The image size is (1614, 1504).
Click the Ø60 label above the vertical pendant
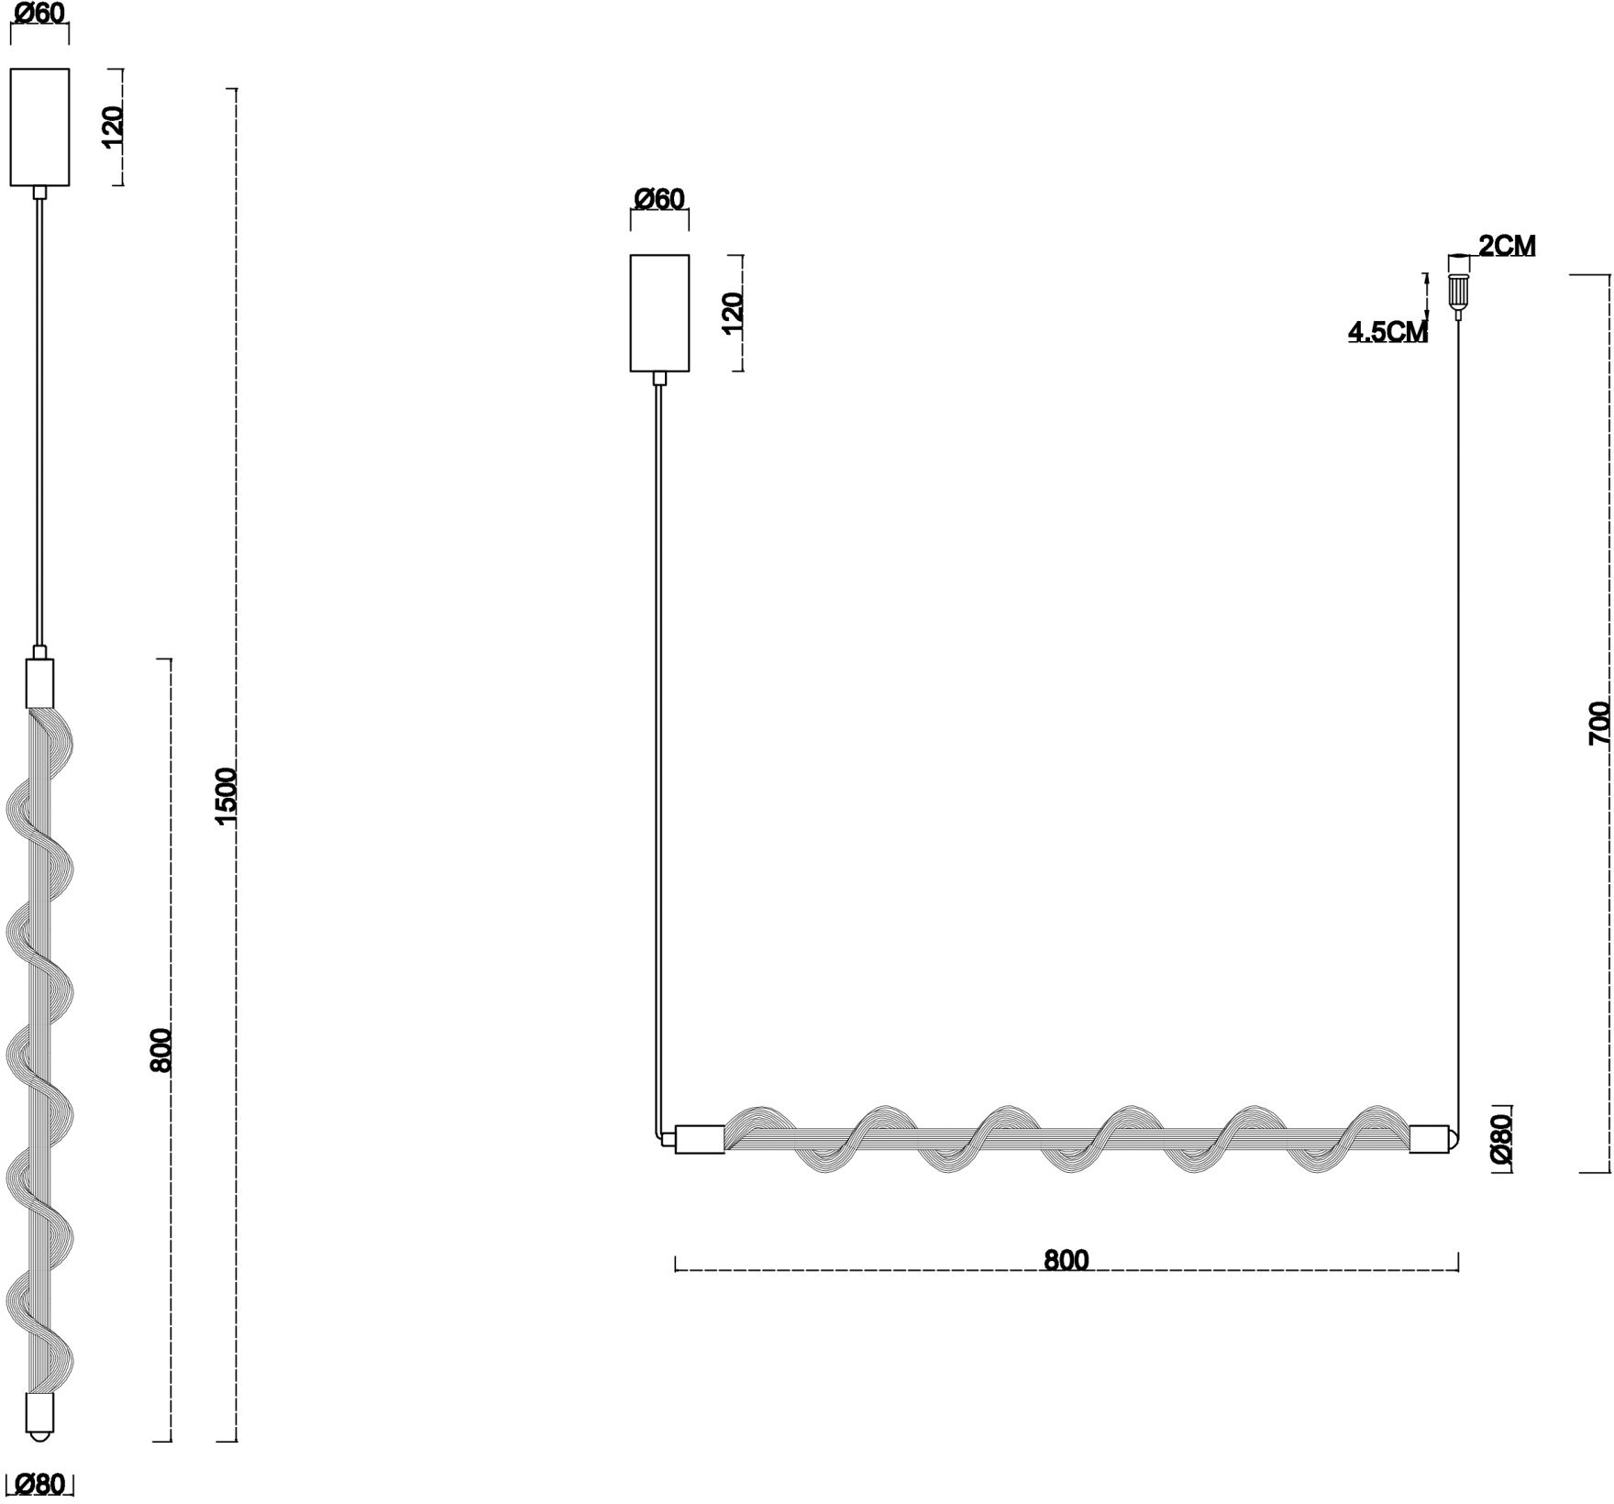39,15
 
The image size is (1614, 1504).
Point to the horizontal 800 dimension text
1067,1260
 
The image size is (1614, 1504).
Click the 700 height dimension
1598,723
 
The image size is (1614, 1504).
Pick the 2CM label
1507,245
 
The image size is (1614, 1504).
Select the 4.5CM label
1387,331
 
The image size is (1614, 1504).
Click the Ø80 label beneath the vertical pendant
39,1483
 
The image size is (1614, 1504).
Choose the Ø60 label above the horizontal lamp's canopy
659,199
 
